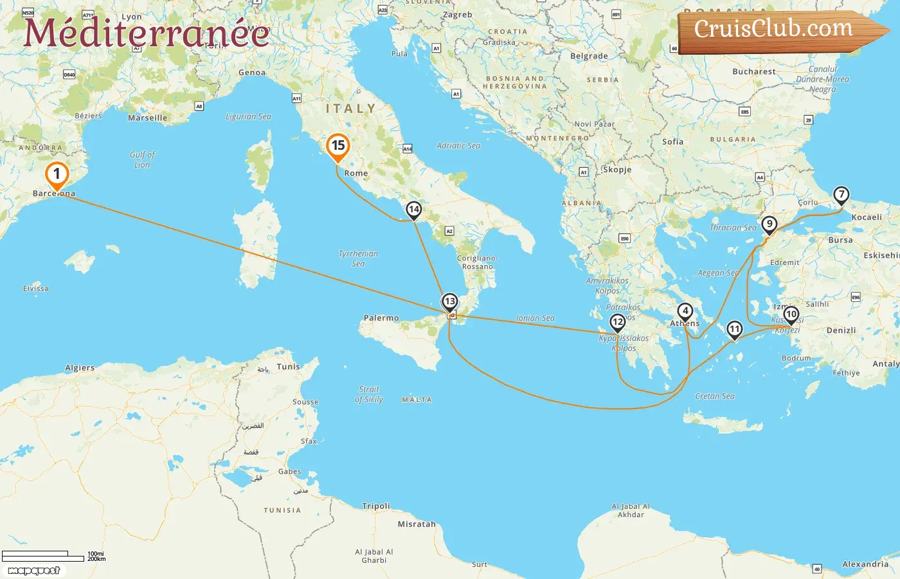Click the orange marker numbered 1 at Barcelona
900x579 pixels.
point(57,174)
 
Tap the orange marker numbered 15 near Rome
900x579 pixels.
point(337,146)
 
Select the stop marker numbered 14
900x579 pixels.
point(414,210)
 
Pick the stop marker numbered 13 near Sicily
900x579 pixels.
point(450,302)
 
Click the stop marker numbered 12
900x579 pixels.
point(618,322)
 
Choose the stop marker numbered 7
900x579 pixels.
point(841,194)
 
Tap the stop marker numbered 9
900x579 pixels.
point(769,225)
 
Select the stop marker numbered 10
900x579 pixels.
point(791,315)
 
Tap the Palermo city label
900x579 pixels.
point(381,318)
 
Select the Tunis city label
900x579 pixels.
point(288,367)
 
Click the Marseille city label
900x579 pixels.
point(147,118)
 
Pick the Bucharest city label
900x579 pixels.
point(753,72)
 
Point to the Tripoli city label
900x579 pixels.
point(376,506)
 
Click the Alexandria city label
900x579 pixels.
point(865,564)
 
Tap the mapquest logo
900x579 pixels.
point(34,571)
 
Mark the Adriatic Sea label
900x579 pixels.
point(458,146)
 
